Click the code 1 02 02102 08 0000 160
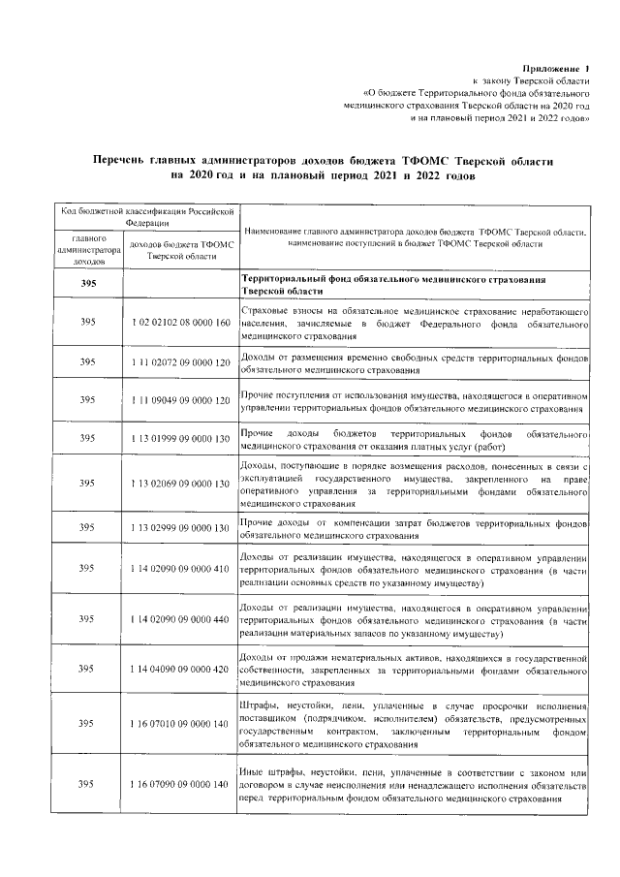tap(179, 321)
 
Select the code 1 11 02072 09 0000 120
tap(179, 362)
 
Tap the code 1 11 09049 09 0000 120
tap(179, 399)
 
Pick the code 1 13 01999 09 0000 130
tap(179, 438)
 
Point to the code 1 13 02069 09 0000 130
tap(179, 483)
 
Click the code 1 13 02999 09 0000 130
tap(179, 528)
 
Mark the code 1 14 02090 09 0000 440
tap(179, 619)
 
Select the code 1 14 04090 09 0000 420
tap(179, 669)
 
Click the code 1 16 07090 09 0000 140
tap(179, 783)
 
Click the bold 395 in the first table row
tap(87, 283)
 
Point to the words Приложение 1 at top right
tap(555, 70)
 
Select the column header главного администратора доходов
tap(87, 249)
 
